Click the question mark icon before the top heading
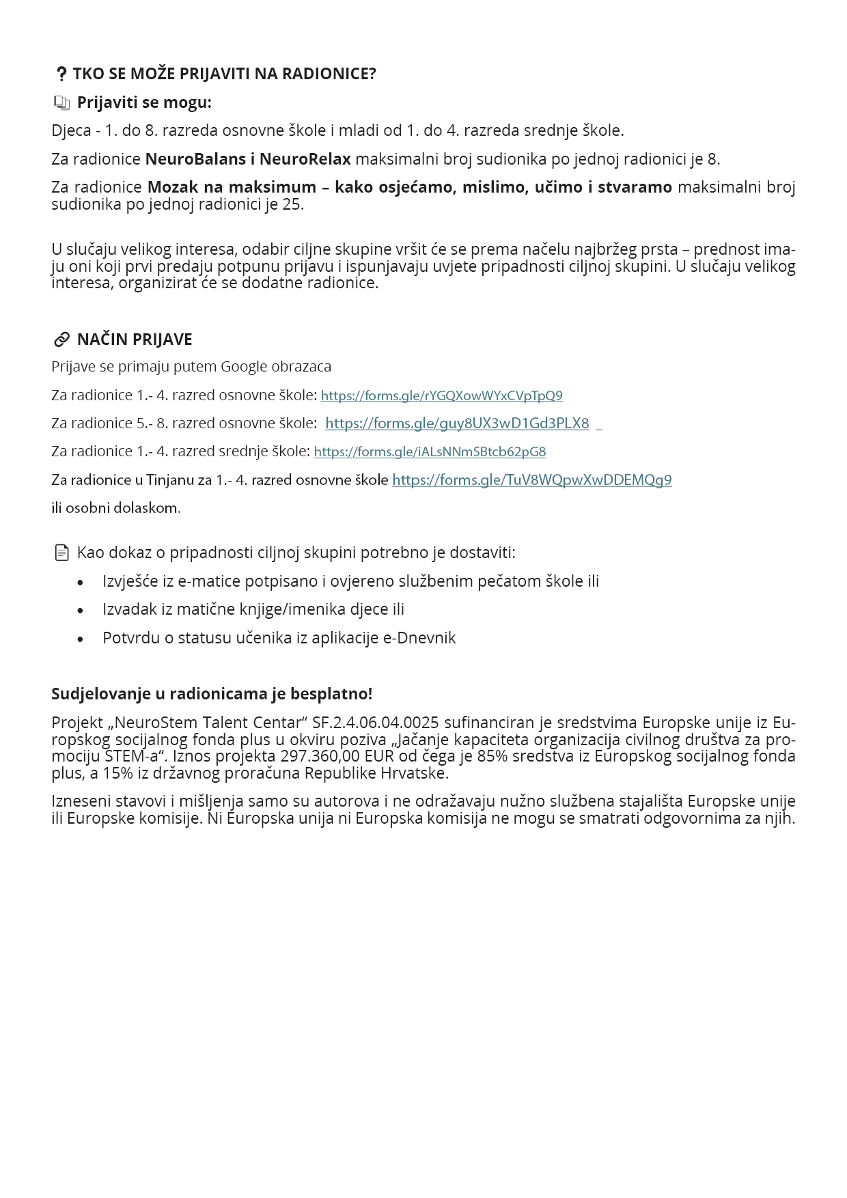click(x=61, y=74)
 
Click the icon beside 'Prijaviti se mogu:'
click(x=62, y=103)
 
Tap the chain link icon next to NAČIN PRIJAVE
click(x=62, y=339)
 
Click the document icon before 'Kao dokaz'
click(x=62, y=553)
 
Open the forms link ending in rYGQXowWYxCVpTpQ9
click(x=441, y=395)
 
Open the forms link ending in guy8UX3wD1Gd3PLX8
click(x=457, y=423)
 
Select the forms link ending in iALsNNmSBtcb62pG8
click(x=430, y=451)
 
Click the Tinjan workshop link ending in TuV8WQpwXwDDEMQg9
click(x=531, y=480)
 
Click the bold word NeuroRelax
click(x=305, y=159)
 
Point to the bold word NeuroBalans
click(x=196, y=159)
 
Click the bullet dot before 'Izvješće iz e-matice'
click(x=81, y=583)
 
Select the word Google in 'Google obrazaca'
click(x=244, y=367)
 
